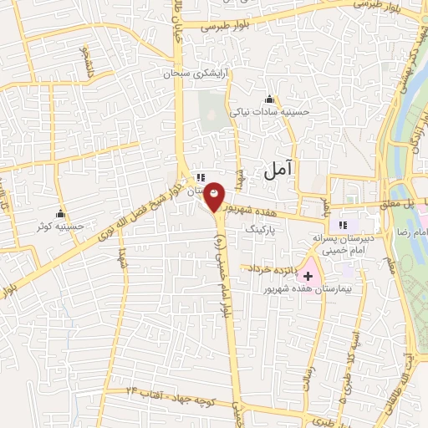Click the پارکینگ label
pyautogui.click(x=260, y=227)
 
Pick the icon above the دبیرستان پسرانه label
pyautogui.click(x=342, y=225)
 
